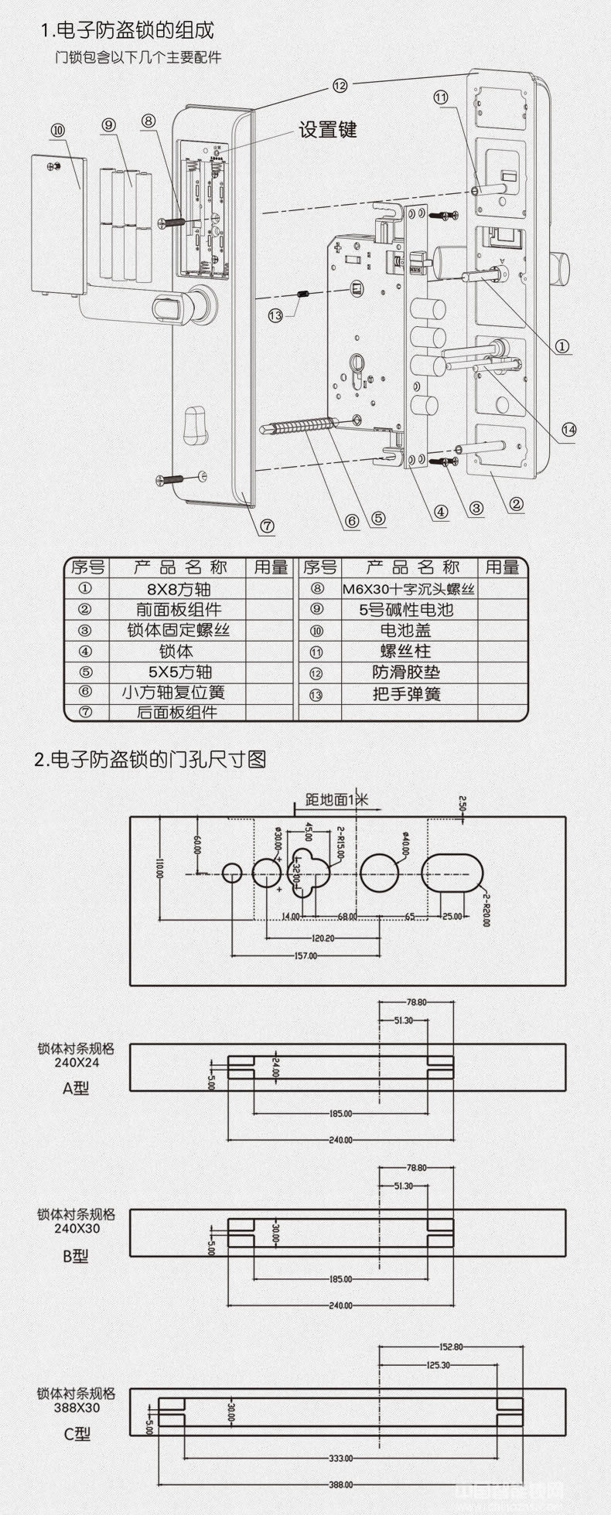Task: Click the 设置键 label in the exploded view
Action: pyautogui.click(x=328, y=129)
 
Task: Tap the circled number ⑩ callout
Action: pyautogui.click(x=58, y=130)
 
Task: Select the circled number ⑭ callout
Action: pyautogui.click(x=568, y=430)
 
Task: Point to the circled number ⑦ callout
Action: pyautogui.click(x=267, y=526)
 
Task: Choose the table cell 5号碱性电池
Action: pyautogui.click(x=407, y=609)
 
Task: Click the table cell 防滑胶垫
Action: pyautogui.click(x=407, y=672)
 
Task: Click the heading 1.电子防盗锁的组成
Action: pyautogui.click(x=127, y=30)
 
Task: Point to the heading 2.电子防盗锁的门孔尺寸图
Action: pyautogui.click(x=150, y=759)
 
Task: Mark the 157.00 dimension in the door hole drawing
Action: pyautogui.click(x=306, y=956)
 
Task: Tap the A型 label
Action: pyautogui.click(x=76, y=1088)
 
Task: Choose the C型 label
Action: pyautogui.click(x=77, y=1434)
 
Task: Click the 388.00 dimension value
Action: pyautogui.click(x=340, y=1485)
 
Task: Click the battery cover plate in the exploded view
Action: pyautogui.click(x=59, y=224)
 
